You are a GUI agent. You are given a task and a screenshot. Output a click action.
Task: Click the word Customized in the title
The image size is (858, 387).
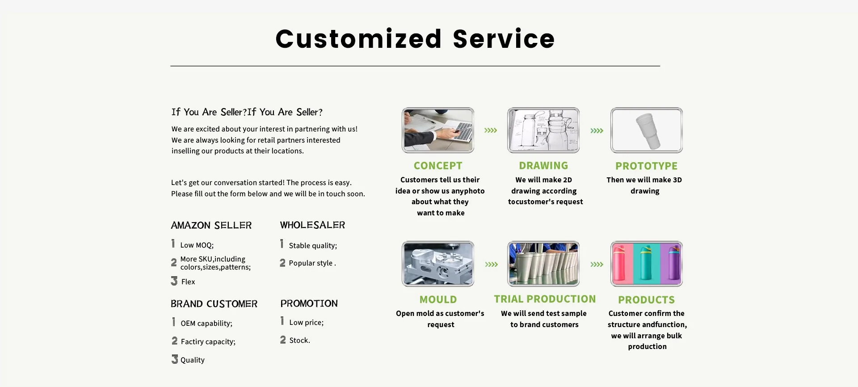click(x=358, y=39)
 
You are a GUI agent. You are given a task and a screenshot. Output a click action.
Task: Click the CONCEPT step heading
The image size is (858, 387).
click(x=438, y=166)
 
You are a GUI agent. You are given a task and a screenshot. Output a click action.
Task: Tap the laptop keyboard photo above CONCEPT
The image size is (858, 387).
click(x=438, y=130)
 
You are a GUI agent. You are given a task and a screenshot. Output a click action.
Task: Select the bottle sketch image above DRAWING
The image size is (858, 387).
click(x=543, y=130)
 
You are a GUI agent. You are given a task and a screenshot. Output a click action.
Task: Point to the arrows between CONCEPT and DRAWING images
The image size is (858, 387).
click(x=491, y=130)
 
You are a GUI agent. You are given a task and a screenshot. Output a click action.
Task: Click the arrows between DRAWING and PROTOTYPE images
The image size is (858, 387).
click(x=597, y=130)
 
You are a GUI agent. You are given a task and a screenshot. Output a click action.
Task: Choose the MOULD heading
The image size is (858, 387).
click(x=438, y=300)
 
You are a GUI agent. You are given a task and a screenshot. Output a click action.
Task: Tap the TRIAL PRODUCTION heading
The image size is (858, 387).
click(x=545, y=299)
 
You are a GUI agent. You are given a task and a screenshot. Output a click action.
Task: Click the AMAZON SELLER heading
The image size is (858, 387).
click(x=211, y=225)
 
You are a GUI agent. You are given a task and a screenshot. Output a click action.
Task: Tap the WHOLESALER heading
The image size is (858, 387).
click(x=312, y=225)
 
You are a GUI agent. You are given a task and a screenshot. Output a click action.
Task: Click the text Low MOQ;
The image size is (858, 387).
click(x=197, y=245)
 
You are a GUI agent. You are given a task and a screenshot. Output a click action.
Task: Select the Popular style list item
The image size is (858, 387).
click(x=312, y=263)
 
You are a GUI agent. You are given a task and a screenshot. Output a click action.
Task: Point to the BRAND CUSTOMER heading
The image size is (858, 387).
click(x=214, y=304)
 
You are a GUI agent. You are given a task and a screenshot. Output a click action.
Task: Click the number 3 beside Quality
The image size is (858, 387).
click(x=175, y=359)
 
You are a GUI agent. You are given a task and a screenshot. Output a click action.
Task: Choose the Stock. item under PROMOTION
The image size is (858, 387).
click(x=299, y=340)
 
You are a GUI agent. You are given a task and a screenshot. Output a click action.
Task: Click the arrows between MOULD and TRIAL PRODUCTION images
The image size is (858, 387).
click(x=492, y=265)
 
